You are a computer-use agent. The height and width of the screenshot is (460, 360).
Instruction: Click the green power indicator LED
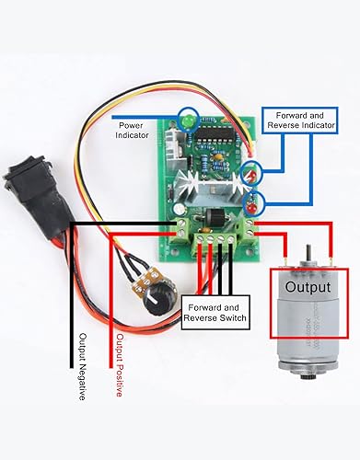[x=188, y=121]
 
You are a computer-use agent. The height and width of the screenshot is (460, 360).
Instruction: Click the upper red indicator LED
[x=250, y=172]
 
